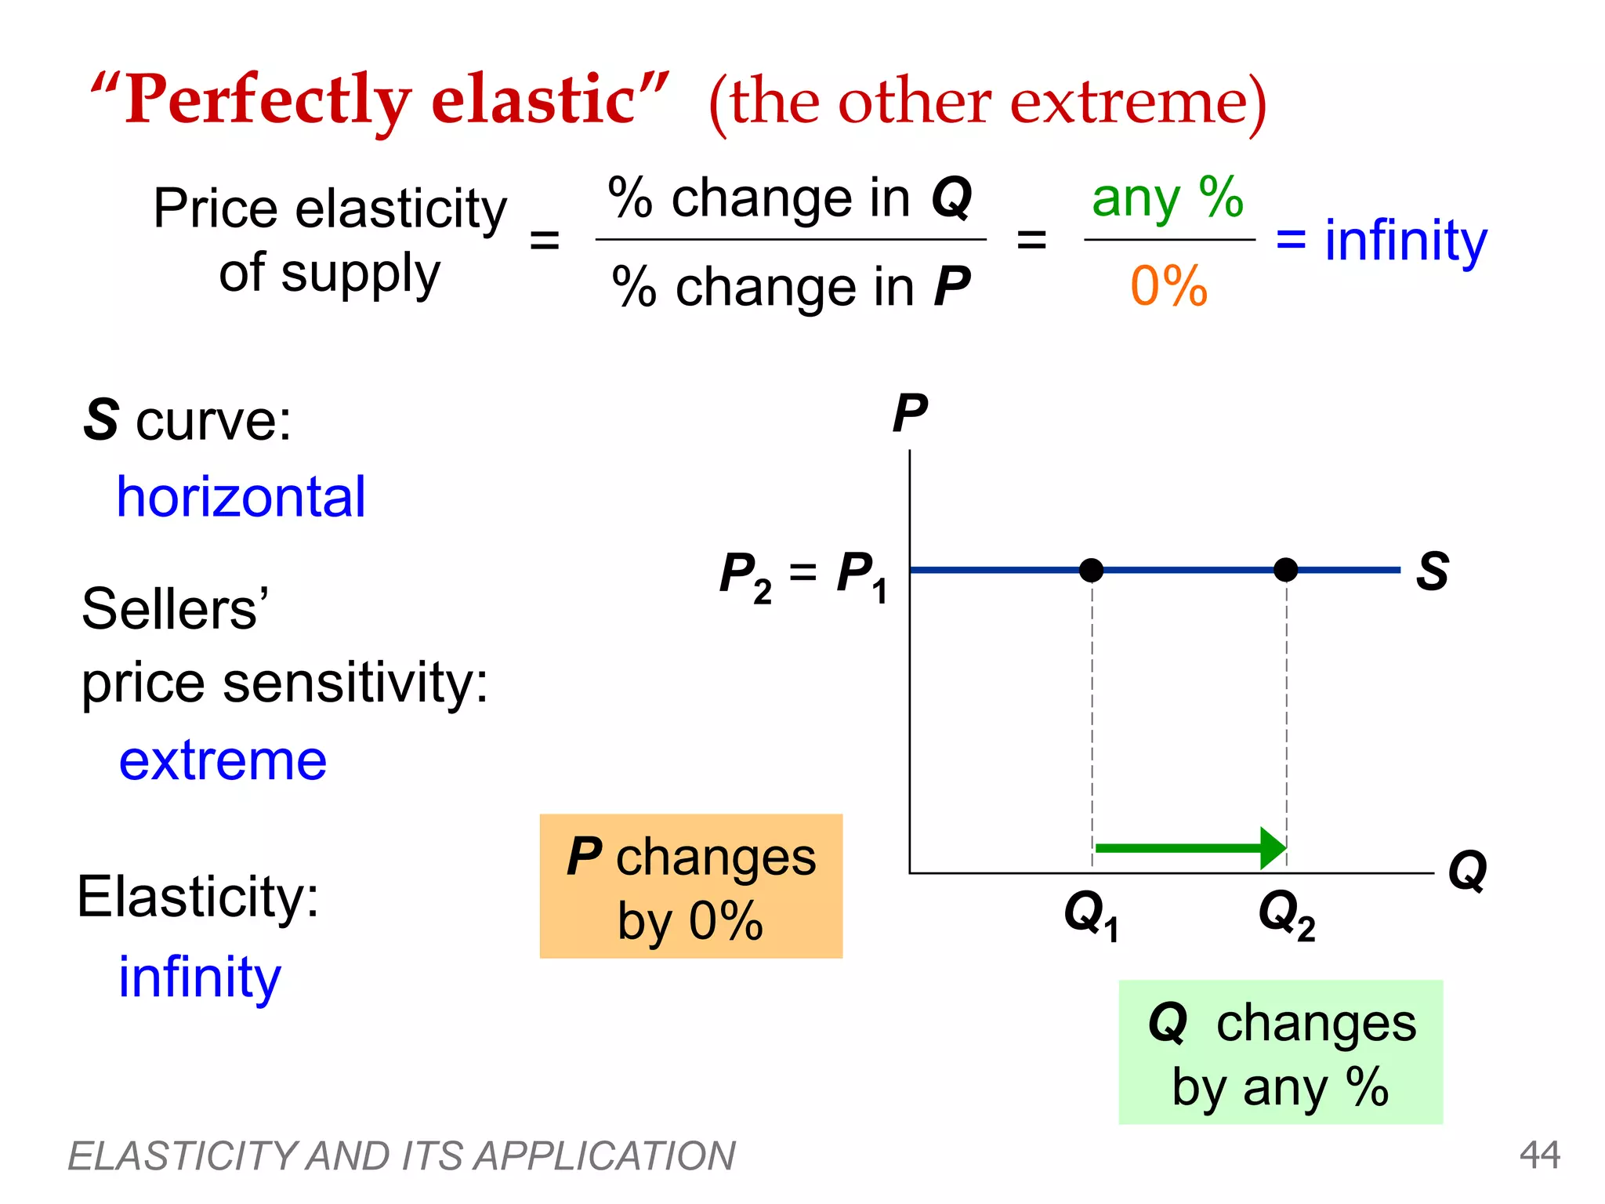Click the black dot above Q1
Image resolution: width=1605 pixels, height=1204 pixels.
tap(1091, 570)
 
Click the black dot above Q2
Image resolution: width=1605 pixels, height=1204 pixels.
tap(1285, 570)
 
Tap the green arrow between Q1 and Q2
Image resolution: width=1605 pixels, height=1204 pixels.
tap(1190, 848)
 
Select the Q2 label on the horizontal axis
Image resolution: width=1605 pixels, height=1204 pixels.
tap(1285, 915)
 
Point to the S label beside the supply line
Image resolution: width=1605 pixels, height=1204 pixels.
tap(1432, 571)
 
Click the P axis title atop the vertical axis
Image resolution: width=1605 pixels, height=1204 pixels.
tap(910, 413)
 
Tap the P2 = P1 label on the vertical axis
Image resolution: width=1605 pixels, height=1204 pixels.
tap(804, 576)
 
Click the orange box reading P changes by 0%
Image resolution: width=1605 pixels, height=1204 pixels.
tap(690, 887)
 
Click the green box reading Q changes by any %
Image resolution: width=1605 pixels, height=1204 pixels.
tap(1280, 1052)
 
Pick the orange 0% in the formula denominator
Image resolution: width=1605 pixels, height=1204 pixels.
tap(1168, 286)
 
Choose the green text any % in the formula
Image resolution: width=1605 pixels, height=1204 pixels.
tap(1167, 198)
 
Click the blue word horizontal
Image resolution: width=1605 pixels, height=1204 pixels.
tap(241, 497)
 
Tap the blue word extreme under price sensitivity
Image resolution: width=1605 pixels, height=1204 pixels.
tap(223, 760)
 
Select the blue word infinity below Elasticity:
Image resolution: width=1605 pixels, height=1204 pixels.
tap(199, 977)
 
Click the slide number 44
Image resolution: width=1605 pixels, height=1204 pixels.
tap(1539, 1155)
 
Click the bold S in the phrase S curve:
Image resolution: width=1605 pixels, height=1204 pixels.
tap(101, 420)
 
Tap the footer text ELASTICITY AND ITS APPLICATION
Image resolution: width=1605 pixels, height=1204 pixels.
tap(401, 1155)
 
